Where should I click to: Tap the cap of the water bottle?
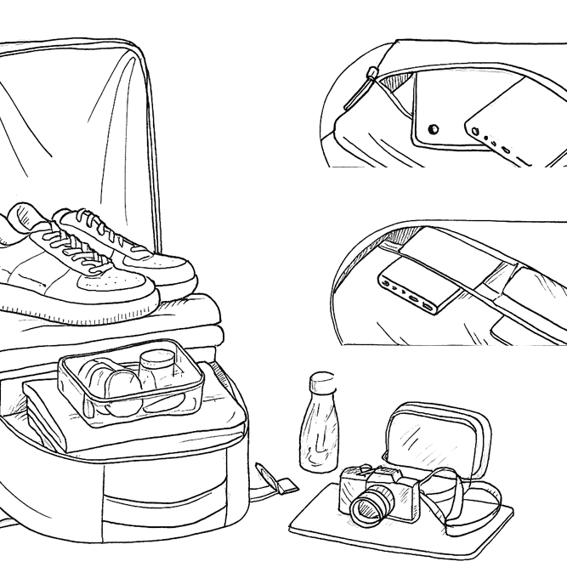(x=319, y=381)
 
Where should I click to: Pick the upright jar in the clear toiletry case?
(x=157, y=371)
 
